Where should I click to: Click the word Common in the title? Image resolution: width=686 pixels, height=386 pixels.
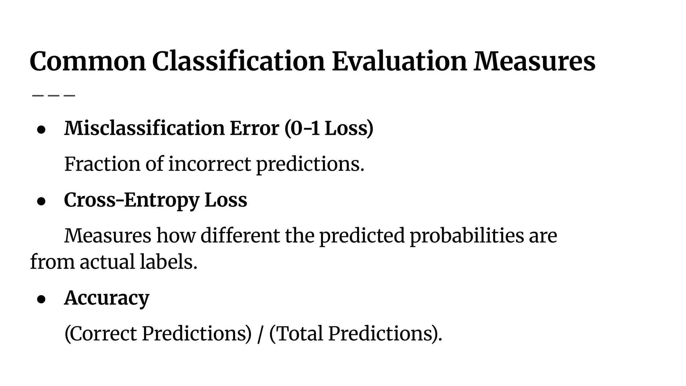tap(88, 61)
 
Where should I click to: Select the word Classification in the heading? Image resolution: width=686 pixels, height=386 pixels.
tap(238, 61)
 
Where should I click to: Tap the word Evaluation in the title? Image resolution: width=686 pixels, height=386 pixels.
tap(399, 61)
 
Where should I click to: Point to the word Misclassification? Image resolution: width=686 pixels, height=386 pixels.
tap(144, 128)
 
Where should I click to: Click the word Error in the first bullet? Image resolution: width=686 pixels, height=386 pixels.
tap(255, 128)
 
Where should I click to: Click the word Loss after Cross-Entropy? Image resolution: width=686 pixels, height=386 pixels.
tap(226, 200)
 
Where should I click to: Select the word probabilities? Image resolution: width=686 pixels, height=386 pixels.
tap(467, 236)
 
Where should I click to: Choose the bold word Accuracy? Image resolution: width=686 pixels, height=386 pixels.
tap(107, 298)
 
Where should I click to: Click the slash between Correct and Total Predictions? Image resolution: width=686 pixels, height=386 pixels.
tap(260, 334)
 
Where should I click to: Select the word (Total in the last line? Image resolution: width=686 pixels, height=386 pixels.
tap(296, 334)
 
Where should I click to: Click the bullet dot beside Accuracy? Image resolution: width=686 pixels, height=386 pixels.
tap(41, 299)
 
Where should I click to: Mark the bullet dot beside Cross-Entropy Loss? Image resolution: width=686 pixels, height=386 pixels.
tap(41, 201)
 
